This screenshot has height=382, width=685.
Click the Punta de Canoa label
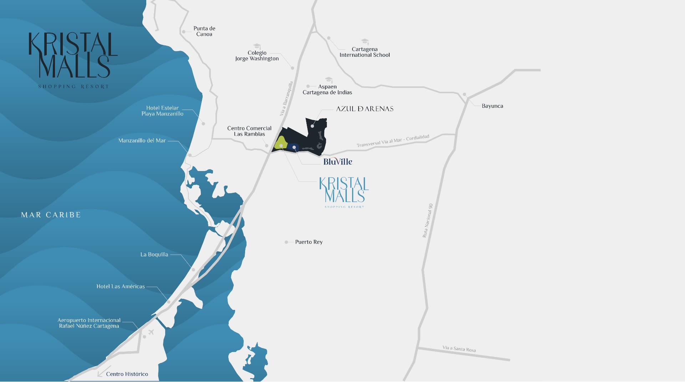point(204,31)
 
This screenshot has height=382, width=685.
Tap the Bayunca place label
point(492,106)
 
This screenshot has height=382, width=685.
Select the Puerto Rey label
point(309,242)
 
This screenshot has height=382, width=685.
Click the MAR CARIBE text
point(51,215)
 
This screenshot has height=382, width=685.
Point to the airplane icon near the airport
point(151,332)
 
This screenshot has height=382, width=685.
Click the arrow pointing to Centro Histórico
point(101,372)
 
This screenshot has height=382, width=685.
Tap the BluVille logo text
point(338,162)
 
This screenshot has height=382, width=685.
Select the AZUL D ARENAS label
point(365,109)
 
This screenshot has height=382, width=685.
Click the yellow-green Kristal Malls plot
point(280,143)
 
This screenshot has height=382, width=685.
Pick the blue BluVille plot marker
point(294,147)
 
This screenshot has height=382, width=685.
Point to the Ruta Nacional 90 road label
point(427,221)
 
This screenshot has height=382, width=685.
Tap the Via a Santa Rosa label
point(459,349)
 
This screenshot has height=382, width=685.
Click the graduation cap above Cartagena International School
point(365,42)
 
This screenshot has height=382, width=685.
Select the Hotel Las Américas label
point(121,286)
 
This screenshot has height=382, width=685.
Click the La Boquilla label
point(154,255)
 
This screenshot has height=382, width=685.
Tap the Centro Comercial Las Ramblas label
point(249,131)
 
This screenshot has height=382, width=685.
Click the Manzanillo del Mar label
point(142,141)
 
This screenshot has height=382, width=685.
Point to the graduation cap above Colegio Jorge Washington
point(257,46)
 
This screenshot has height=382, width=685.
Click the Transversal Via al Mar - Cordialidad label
point(393,141)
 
